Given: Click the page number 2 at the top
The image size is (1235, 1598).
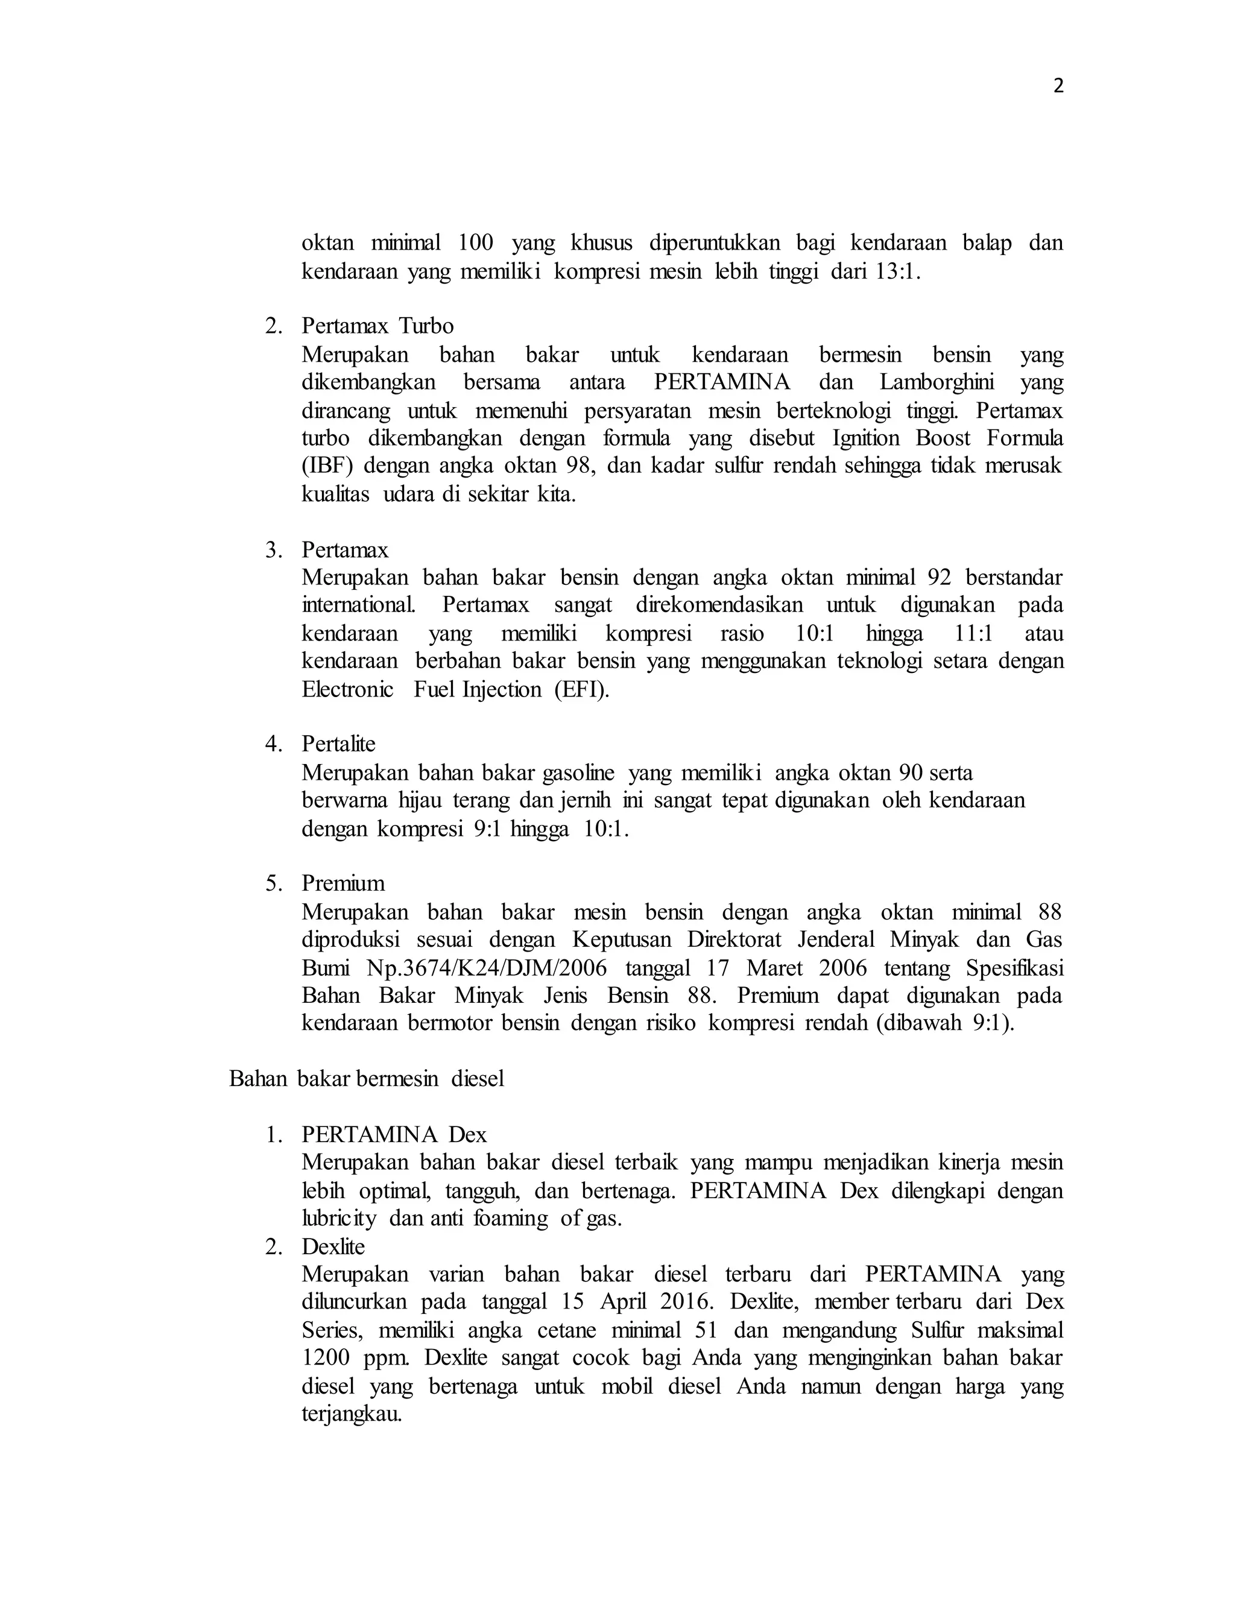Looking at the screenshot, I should coord(1058,87).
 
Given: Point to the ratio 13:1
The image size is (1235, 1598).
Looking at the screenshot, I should coord(897,272).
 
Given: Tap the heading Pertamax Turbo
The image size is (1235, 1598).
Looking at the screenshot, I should coord(377,326).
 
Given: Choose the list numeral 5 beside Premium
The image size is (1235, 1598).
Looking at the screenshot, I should coord(273,883).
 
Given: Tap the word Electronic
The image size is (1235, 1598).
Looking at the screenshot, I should coord(347,690).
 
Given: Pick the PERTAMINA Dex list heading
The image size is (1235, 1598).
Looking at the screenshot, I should coord(394,1135).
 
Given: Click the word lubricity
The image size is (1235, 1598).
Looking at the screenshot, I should coord(339,1218).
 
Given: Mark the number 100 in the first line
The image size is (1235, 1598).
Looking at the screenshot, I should coord(476,242).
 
